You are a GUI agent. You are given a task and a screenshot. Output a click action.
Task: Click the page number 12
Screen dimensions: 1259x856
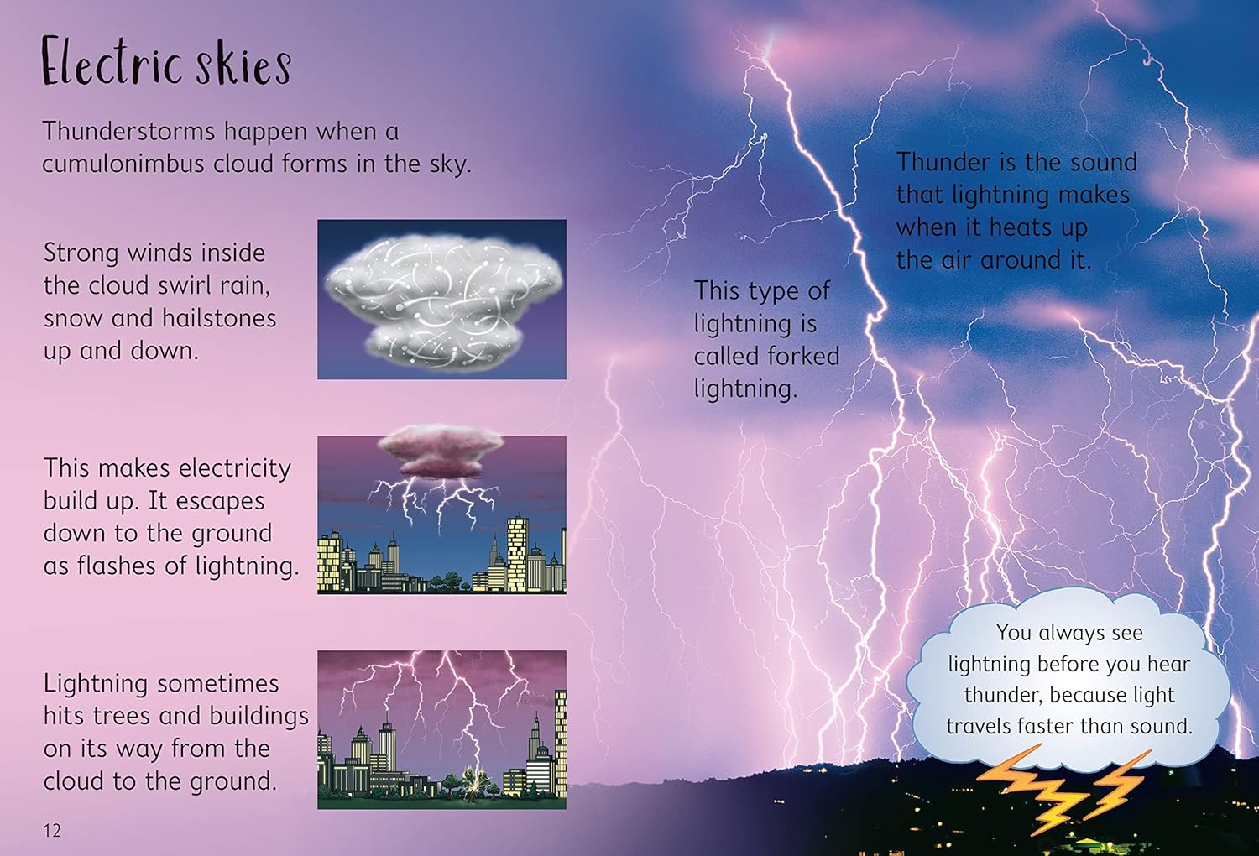[52, 830]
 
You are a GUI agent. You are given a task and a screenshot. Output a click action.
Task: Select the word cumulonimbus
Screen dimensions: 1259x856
[123, 164]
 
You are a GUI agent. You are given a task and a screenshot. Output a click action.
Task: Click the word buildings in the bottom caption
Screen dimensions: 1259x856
[259, 717]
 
